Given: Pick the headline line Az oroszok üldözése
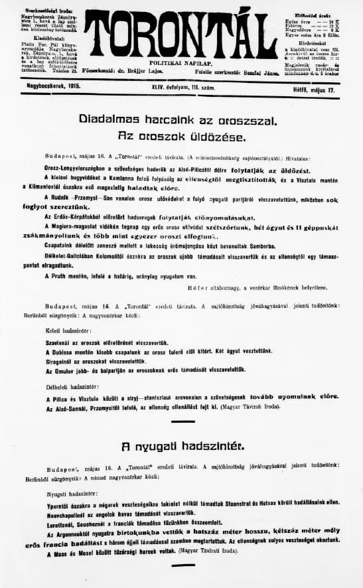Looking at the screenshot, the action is pyautogui.click(x=181, y=137).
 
